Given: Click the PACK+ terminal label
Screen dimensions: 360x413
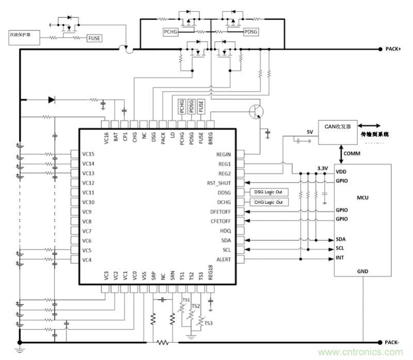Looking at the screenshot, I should [393, 50].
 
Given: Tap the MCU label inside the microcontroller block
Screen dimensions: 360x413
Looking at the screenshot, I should [362, 197].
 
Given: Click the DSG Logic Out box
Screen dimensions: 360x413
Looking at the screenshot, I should [268, 192].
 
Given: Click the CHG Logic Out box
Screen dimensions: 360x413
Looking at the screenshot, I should [268, 202].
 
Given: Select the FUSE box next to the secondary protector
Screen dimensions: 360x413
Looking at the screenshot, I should [94, 38].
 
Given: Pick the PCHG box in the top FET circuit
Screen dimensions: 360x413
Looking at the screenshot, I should [170, 32].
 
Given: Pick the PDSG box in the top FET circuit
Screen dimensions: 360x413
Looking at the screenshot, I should [252, 32].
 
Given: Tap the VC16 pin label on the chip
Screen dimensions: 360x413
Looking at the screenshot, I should [106, 138].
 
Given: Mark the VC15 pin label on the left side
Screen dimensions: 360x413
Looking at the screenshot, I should [88, 154].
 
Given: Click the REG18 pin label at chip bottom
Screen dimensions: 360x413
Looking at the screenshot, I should [210, 272].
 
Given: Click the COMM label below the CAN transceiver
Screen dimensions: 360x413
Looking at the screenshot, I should [352, 154].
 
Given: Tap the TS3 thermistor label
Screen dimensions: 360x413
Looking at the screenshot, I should [208, 323].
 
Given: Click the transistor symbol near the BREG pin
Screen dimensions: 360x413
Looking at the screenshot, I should [256, 110].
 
